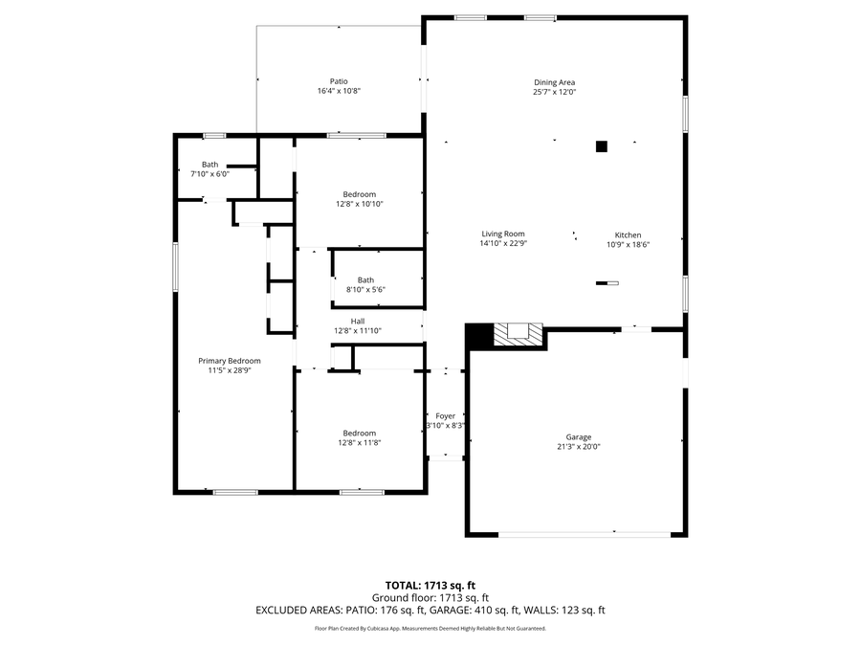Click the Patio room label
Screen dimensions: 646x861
click(339, 81)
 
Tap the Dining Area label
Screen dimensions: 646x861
click(554, 82)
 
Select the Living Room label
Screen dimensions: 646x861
click(502, 234)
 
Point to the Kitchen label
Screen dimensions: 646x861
click(628, 234)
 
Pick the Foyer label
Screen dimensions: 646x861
click(445, 416)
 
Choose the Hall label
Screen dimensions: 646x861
click(357, 321)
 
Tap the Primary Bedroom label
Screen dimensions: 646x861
click(230, 361)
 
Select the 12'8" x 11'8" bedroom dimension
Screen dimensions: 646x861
click(359, 442)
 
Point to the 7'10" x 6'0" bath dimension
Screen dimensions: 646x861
click(210, 173)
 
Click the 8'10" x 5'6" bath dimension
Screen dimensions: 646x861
click(365, 289)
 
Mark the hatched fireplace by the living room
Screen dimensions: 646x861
click(517, 334)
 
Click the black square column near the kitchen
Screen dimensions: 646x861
click(602, 146)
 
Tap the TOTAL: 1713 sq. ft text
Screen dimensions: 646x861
click(430, 584)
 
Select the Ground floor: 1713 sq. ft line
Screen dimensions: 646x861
click(430, 596)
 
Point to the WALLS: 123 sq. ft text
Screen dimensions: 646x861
click(571, 610)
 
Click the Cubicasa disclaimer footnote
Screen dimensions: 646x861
click(430, 629)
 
